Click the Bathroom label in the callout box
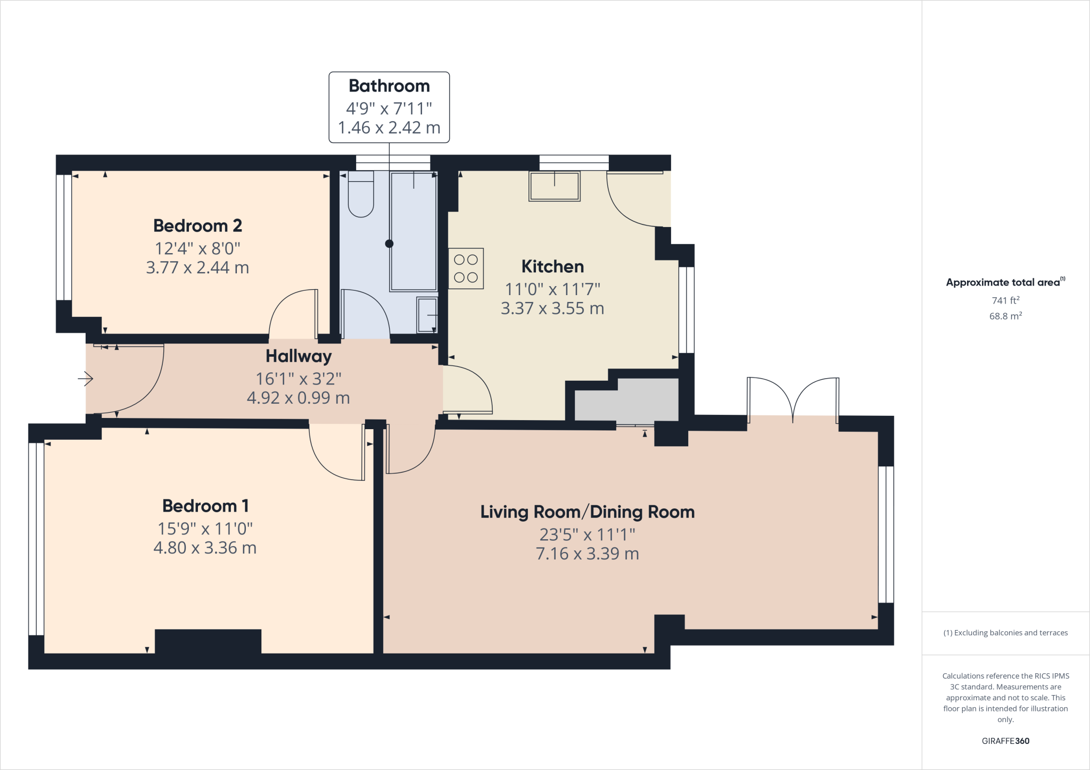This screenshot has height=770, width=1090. coord(389,86)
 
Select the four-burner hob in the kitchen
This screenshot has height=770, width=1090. coord(466,269)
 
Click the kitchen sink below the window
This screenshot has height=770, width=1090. coord(554,186)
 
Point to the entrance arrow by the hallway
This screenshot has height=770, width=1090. coord(85,379)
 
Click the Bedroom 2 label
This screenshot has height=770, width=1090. coord(197,225)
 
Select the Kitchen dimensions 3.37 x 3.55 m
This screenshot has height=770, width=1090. coord(552,308)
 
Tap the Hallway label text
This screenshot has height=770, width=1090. coord(299,356)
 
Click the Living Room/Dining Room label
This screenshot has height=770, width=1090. coord(588,512)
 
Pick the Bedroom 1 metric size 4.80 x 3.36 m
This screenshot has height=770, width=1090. coord(205,548)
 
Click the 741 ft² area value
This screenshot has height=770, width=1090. coord(1005,300)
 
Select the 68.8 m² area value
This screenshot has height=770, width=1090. coord(1005,316)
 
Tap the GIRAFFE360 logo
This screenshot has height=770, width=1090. coord(1005,741)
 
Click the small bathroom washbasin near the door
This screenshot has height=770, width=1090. coord(427,315)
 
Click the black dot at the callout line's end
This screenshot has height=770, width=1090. coord(389,244)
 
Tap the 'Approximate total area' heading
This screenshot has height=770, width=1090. coord(1003,282)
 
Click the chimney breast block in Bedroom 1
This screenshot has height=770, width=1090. coord(208,641)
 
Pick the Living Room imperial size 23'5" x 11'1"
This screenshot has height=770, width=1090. coord(588,534)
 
